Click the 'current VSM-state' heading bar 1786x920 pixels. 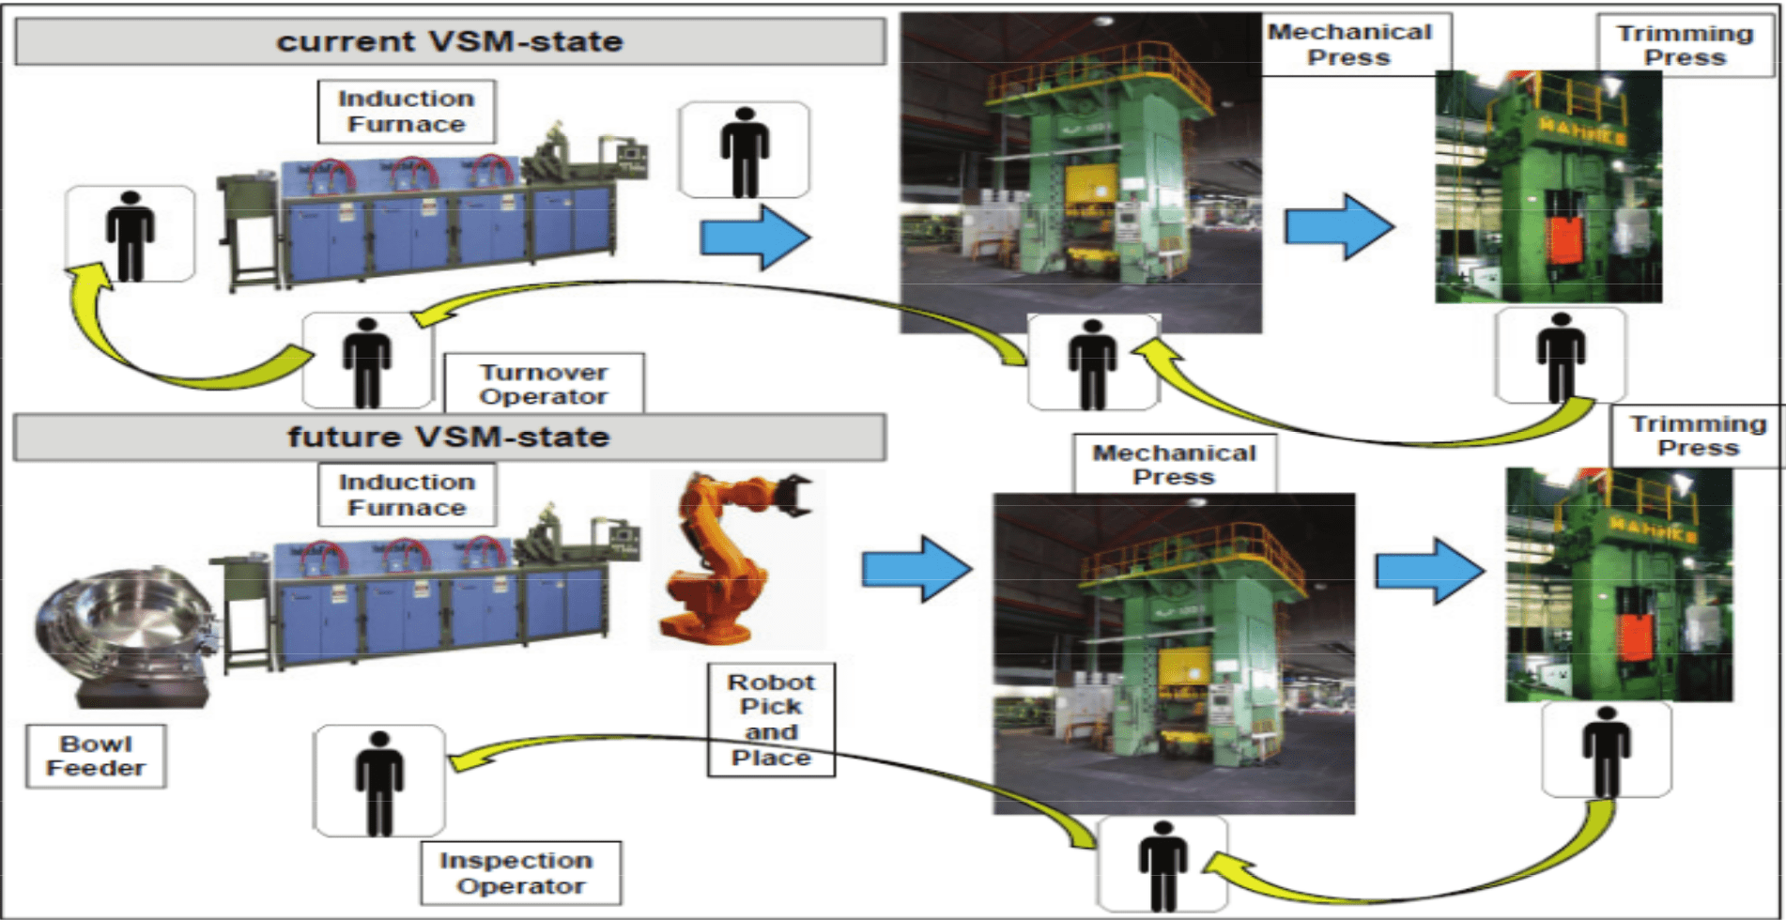450,42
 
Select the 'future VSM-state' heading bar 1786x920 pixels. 449,437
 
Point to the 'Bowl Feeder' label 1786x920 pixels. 96,756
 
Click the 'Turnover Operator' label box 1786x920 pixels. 544,384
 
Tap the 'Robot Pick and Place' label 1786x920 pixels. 771,720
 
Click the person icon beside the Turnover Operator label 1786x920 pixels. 367,361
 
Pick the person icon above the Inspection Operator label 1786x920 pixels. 379,781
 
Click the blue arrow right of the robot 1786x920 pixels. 916,569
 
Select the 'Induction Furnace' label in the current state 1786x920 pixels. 407,112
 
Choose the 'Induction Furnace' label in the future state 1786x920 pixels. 407,495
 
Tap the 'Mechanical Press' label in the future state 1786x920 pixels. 1174,465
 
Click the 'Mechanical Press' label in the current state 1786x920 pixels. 1349,44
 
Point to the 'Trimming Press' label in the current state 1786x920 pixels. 1685,45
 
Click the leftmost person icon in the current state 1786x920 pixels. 131,235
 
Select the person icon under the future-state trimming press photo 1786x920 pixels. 1607,750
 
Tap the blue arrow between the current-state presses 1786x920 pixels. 1340,226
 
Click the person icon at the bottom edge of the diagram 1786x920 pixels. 1162,865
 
